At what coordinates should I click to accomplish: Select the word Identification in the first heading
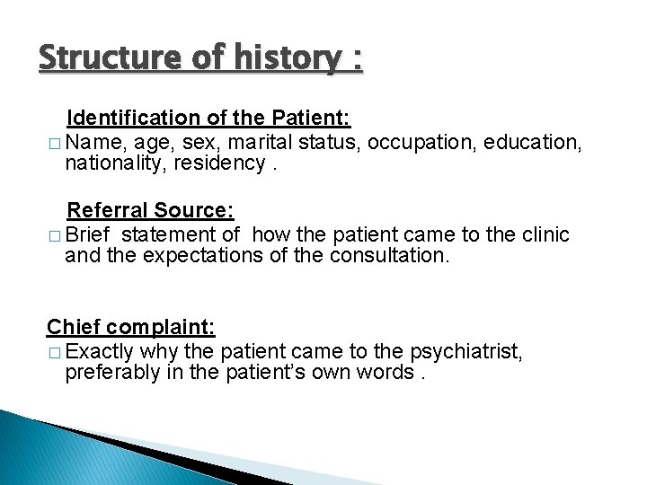pos(128,118)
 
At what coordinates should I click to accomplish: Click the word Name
pos(92,141)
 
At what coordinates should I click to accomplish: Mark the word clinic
pos(541,234)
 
